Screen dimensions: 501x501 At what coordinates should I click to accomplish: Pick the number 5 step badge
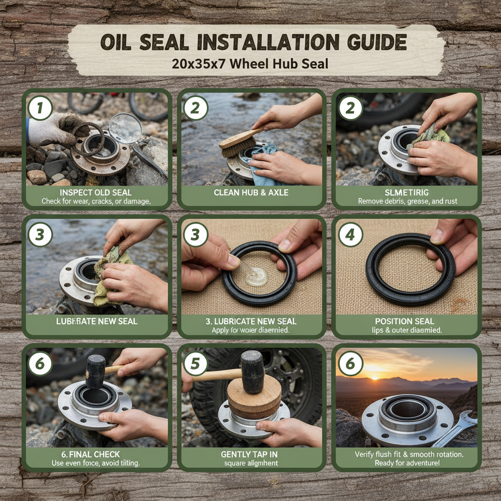coord(196,364)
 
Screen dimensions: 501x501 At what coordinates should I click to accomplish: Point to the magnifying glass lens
coord(125,128)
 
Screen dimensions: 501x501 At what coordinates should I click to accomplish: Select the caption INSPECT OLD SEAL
coord(96,192)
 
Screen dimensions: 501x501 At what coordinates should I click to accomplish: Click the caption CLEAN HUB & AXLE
coord(251,192)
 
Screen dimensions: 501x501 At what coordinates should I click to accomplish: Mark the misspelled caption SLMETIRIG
coord(407,192)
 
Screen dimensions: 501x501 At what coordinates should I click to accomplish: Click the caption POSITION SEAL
coord(407,321)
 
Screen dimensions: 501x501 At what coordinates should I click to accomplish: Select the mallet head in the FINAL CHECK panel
coord(95,370)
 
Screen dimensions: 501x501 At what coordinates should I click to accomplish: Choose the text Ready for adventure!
coord(407,463)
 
